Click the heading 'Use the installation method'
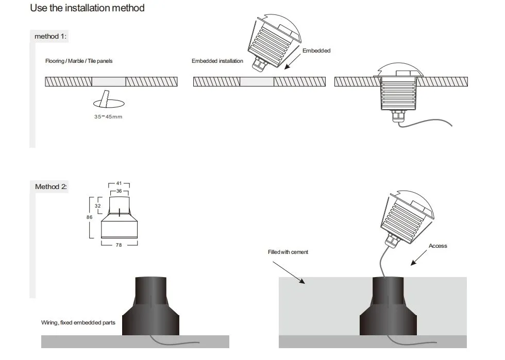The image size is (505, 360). tap(87, 8)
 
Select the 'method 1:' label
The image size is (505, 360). tap(50, 37)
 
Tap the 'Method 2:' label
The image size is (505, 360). tap(50, 186)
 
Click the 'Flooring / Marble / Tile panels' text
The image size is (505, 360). tap(79, 61)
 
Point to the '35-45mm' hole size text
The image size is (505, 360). tap(108, 117)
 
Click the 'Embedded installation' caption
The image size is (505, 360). tap(217, 61)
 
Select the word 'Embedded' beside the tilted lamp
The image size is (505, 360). tap(316, 50)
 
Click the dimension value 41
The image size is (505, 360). tap(119, 183)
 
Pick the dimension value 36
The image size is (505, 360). tap(119, 191)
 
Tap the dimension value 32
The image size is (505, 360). tap(98, 205)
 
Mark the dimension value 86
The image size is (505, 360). tap(89, 217)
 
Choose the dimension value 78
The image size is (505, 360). tap(119, 245)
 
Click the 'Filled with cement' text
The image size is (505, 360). tap(288, 252)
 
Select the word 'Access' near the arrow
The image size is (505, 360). tap(437, 246)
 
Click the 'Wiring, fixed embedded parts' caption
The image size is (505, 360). tap(78, 322)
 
